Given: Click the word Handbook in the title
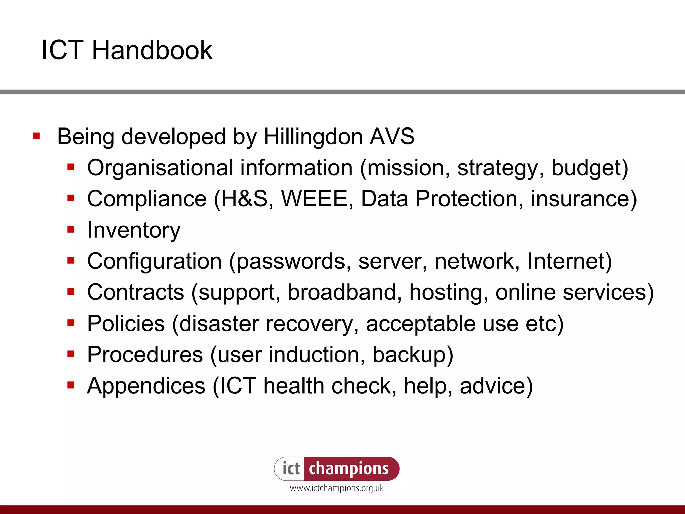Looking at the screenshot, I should [x=152, y=50].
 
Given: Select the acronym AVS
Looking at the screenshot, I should [x=392, y=137].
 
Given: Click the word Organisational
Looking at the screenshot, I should [x=160, y=167].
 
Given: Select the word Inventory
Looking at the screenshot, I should [x=133, y=230].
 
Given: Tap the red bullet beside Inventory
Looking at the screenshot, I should [x=71, y=230].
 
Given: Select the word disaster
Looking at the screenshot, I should [x=219, y=324].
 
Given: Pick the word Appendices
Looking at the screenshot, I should [x=146, y=386].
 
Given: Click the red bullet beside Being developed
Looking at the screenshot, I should [x=36, y=136].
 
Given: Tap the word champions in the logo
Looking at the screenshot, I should [x=349, y=469].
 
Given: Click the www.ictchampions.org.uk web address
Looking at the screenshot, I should [x=336, y=488].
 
